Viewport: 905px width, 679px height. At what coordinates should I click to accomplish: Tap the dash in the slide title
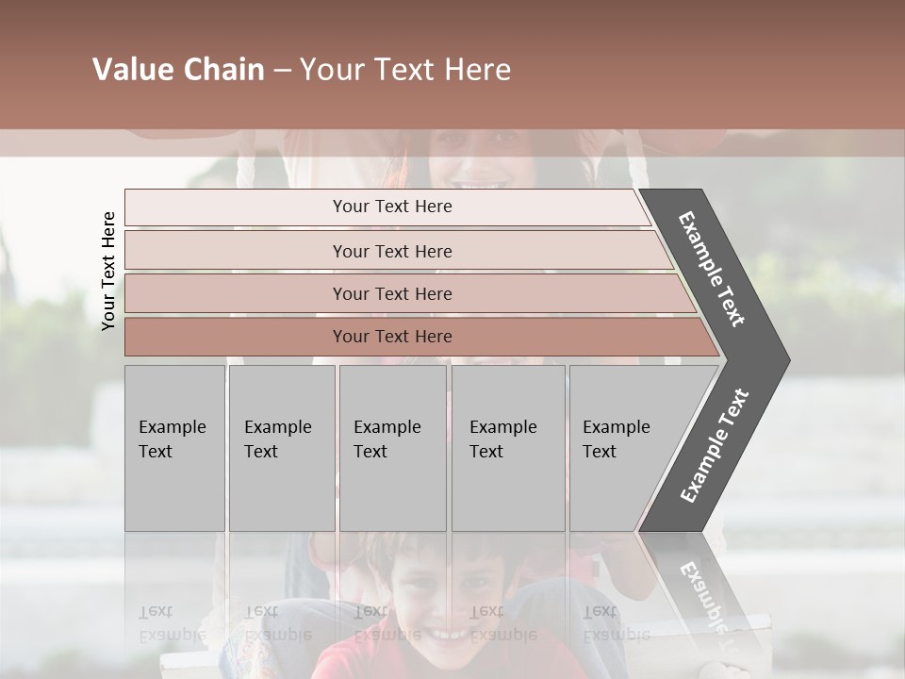pyautogui.click(x=282, y=71)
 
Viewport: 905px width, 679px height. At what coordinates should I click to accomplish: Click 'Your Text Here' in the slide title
pyautogui.click(x=405, y=70)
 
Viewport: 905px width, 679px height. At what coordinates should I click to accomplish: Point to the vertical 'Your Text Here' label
pyautogui.click(x=108, y=271)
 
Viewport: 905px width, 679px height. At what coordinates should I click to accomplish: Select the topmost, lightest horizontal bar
pyautogui.click(x=392, y=207)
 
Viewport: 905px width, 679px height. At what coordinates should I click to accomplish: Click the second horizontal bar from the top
pyautogui.click(x=392, y=251)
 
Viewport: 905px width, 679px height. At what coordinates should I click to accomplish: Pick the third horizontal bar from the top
pyautogui.click(x=392, y=293)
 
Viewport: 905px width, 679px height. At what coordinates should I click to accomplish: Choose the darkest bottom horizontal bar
pyautogui.click(x=392, y=337)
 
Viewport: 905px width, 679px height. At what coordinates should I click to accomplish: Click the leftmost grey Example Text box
pyautogui.click(x=174, y=448)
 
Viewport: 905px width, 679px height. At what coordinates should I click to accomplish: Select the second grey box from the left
pyautogui.click(x=282, y=448)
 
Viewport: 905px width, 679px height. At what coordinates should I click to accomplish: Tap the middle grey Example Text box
pyautogui.click(x=392, y=448)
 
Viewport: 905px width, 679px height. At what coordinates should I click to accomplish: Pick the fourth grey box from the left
pyautogui.click(x=508, y=448)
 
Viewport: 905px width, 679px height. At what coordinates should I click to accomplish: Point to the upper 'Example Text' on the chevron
pyautogui.click(x=713, y=268)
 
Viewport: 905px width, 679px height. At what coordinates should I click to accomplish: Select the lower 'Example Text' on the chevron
pyautogui.click(x=715, y=445)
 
